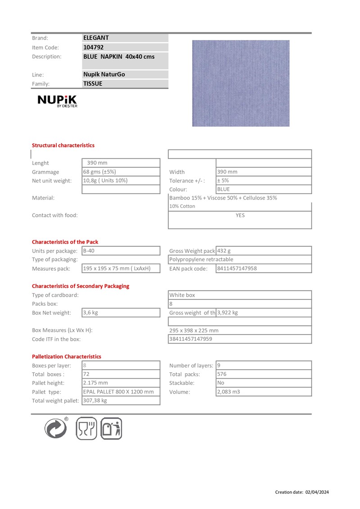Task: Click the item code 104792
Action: coord(94,47)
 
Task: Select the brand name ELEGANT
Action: coord(96,38)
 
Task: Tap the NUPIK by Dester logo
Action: coord(57,101)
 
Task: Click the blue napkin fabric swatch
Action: coord(241,83)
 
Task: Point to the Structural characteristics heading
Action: coord(63,145)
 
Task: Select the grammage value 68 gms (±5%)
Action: coord(99,172)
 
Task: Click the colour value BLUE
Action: coord(223,189)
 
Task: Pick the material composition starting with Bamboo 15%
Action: coord(223,198)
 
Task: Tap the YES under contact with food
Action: coord(240,215)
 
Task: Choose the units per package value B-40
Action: coord(89,250)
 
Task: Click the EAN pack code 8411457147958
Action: coord(237,268)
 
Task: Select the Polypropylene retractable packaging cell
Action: coord(201,259)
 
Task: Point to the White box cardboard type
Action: coord(182,295)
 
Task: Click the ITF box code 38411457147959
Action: coord(190,339)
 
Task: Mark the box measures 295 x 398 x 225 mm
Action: coord(194,330)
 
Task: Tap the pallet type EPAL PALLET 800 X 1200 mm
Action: coord(118,392)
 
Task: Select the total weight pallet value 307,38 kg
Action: coord(95,401)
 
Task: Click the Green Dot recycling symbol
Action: coord(56,428)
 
